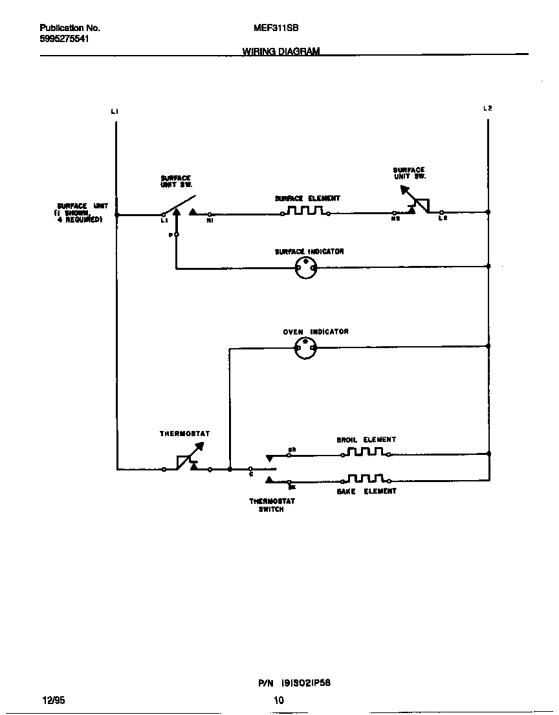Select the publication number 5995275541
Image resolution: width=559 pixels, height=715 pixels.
[64, 39]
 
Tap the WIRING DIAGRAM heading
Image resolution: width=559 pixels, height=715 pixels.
[281, 51]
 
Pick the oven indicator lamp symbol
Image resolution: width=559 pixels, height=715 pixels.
[305, 348]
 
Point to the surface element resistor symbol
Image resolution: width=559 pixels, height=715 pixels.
[305, 211]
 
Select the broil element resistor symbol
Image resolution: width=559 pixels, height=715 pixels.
[365, 452]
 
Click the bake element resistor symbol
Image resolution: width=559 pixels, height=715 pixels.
[366, 479]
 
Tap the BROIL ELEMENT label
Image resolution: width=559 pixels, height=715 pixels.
[366, 440]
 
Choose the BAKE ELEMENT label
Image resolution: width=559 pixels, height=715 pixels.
[366, 492]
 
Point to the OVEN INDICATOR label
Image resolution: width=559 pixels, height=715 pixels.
[316, 332]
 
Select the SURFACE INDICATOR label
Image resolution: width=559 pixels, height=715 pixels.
[309, 252]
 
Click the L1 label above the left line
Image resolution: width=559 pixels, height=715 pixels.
[115, 111]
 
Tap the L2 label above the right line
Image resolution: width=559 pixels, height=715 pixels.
[488, 108]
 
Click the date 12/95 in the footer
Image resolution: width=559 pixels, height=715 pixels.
[53, 700]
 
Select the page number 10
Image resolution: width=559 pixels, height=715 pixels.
[279, 700]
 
